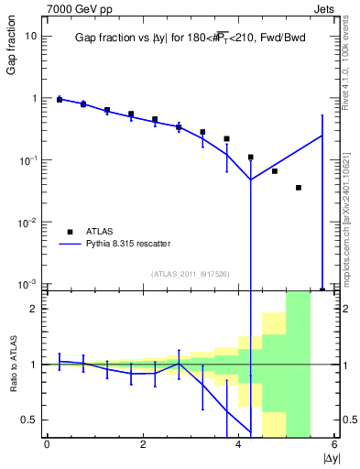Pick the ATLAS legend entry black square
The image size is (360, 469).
click(x=71, y=231)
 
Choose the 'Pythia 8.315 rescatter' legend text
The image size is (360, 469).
click(x=129, y=244)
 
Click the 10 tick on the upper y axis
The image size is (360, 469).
click(x=30, y=36)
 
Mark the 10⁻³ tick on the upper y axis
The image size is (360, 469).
click(x=28, y=285)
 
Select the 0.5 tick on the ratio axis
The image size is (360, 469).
click(x=29, y=420)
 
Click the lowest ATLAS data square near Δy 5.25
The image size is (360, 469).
click(x=299, y=188)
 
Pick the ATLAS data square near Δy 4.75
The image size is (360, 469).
click(x=275, y=171)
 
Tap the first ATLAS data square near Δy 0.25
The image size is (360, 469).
click(x=60, y=99)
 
